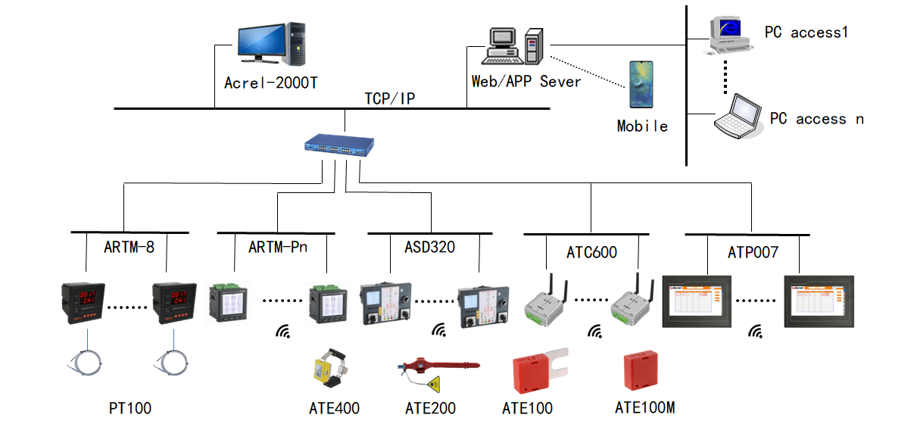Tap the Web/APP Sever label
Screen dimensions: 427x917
coord(526,82)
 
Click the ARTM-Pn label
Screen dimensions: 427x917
coord(278,247)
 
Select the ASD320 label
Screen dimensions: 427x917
coord(429,247)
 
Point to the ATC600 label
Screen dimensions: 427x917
coord(591,252)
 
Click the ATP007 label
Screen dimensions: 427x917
coord(752,252)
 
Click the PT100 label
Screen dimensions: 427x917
coord(130,409)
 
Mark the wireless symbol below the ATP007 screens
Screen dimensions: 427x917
coord(755,331)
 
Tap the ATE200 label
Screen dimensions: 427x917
coord(430,409)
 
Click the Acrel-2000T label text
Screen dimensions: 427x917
coord(271,82)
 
